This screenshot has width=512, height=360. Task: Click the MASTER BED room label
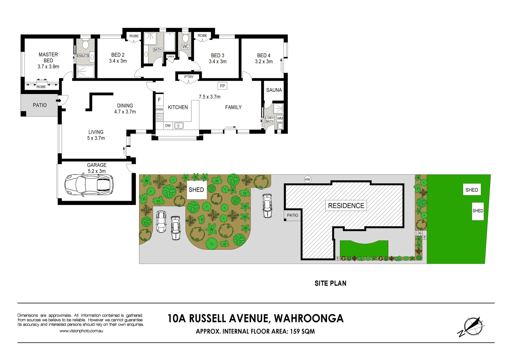pyautogui.click(x=48, y=60)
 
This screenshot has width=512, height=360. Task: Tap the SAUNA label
pyautogui.click(x=274, y=90)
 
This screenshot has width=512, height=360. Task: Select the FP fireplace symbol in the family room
pyautogui.click(x=222, y=86)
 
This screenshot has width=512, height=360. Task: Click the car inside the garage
pyautogui.click(x=89, y=185)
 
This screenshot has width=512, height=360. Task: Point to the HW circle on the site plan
pyautogui.click(x=308, y=179)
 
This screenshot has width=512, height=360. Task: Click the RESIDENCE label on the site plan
pyautogui.click(x=346, y=206)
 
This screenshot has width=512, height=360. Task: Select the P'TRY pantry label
pyautogui.click(x=189, y=77)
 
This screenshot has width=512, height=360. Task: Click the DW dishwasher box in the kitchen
pyautogui.click(x=168, y=126)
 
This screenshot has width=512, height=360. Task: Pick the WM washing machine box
pyautogui.click(x=280, y=118)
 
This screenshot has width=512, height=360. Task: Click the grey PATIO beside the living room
pyautogui.click(x=39, y=105)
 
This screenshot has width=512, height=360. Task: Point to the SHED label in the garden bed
pyautogui.click(x=196, y=190)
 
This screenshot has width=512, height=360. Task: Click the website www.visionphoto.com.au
pyautogui.click(x=81, y=331)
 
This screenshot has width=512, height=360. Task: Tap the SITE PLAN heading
pyautogui.click(x=330, y=283)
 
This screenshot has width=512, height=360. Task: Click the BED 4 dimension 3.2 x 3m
pyautogui.click(x=264, y=62)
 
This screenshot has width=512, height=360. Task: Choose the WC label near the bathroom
pyautogui.click(x=185, y=47)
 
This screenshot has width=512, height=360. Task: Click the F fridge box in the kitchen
pyautogui.click(x=159, y=100)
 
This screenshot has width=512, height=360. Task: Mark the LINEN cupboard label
pyautogui.click(x=171, y=57)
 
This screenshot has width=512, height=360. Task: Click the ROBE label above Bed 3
pyautogui.click(x=202, y=36)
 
